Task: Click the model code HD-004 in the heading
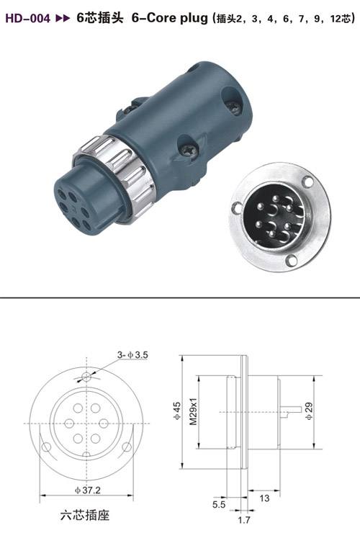(27, 18)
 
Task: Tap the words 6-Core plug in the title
(170, 18)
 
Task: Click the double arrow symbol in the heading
(63, 18)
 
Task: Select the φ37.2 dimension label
(88, 490)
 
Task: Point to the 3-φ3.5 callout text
(132, 355)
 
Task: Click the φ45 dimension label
(176, 411)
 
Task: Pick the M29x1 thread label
(194, 411)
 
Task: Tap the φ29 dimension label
(309, 411)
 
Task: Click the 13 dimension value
(264, 498)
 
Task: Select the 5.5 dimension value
(219, 504)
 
